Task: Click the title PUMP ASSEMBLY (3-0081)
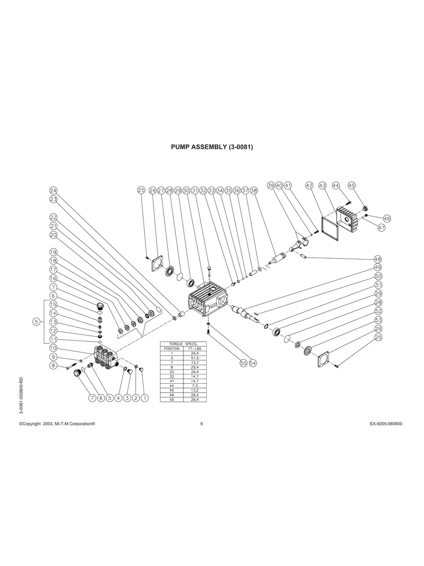click(x=212, y=147)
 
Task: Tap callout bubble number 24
click(x=53, y=191)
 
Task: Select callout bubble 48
click(x=378, y=259)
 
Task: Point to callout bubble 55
click(x=243, y=363)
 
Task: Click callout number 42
click(x=309, y=186)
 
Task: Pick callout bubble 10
click(x=53, y=348)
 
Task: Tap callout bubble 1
click(x=145, y=398)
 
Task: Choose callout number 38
click(x=254, y=191)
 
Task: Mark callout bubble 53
click(x=378, y=320)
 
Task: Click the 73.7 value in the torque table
click(x=195, y=363)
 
